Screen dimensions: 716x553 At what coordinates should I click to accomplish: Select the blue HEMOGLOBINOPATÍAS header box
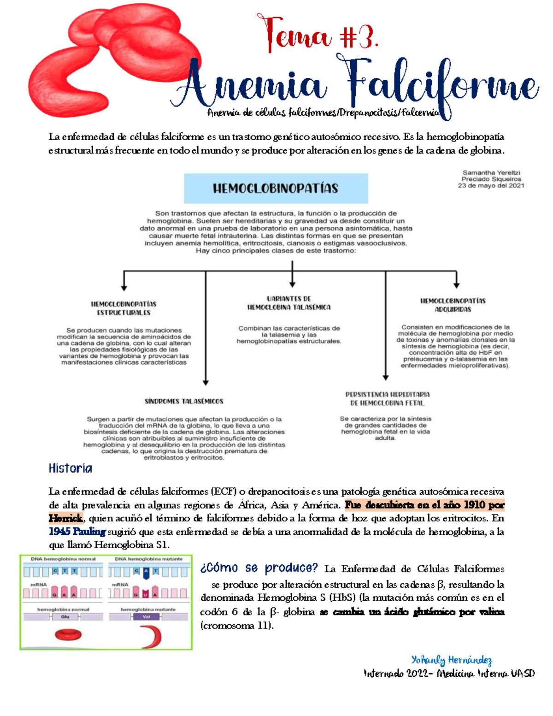tap(276, 188)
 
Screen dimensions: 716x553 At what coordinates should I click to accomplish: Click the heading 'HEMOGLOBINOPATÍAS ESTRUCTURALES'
tap(124, 308)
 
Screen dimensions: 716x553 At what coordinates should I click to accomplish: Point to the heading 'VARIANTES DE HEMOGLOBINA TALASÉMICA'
tap(289, 303)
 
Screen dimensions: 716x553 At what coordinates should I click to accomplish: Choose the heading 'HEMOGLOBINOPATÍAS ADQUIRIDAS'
tap(453, 305)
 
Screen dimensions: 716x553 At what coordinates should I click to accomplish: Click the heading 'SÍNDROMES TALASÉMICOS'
tap(184, 401)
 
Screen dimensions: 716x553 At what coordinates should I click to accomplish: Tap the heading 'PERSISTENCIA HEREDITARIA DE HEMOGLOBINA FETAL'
tap(387, 399)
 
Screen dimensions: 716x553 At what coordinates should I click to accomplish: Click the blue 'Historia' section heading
tap(71, 468)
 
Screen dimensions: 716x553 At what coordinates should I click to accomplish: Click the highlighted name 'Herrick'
tap(65, 518)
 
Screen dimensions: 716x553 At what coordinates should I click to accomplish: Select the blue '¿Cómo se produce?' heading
tap(259, 568)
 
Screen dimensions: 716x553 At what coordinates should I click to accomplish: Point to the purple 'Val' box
tap(146, 617)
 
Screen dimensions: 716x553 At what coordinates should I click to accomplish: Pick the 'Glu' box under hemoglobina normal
tap(65, 617)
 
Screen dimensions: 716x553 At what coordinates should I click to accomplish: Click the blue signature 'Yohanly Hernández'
tap(452, 660)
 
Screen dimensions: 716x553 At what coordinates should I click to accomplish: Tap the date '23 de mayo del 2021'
tap(491, 186)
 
